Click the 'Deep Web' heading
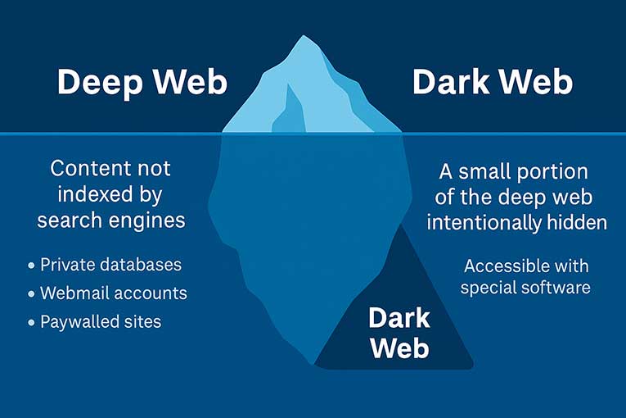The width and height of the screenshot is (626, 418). tap(142, 83)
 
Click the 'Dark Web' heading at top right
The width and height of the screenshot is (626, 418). tap(493, 83)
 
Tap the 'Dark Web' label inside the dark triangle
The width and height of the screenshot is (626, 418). tap(399, 333)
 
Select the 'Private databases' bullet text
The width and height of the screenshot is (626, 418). tap(110, 266)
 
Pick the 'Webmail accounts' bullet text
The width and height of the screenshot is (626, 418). tap(113, 293)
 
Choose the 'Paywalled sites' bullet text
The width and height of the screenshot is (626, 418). tap(101, 321)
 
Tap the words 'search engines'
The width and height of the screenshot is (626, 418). tap(110, 220)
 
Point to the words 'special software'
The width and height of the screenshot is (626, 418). tap(525, 288)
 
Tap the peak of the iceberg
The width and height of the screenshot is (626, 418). tap(305, 38)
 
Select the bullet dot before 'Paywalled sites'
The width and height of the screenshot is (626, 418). tap(31, 322)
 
